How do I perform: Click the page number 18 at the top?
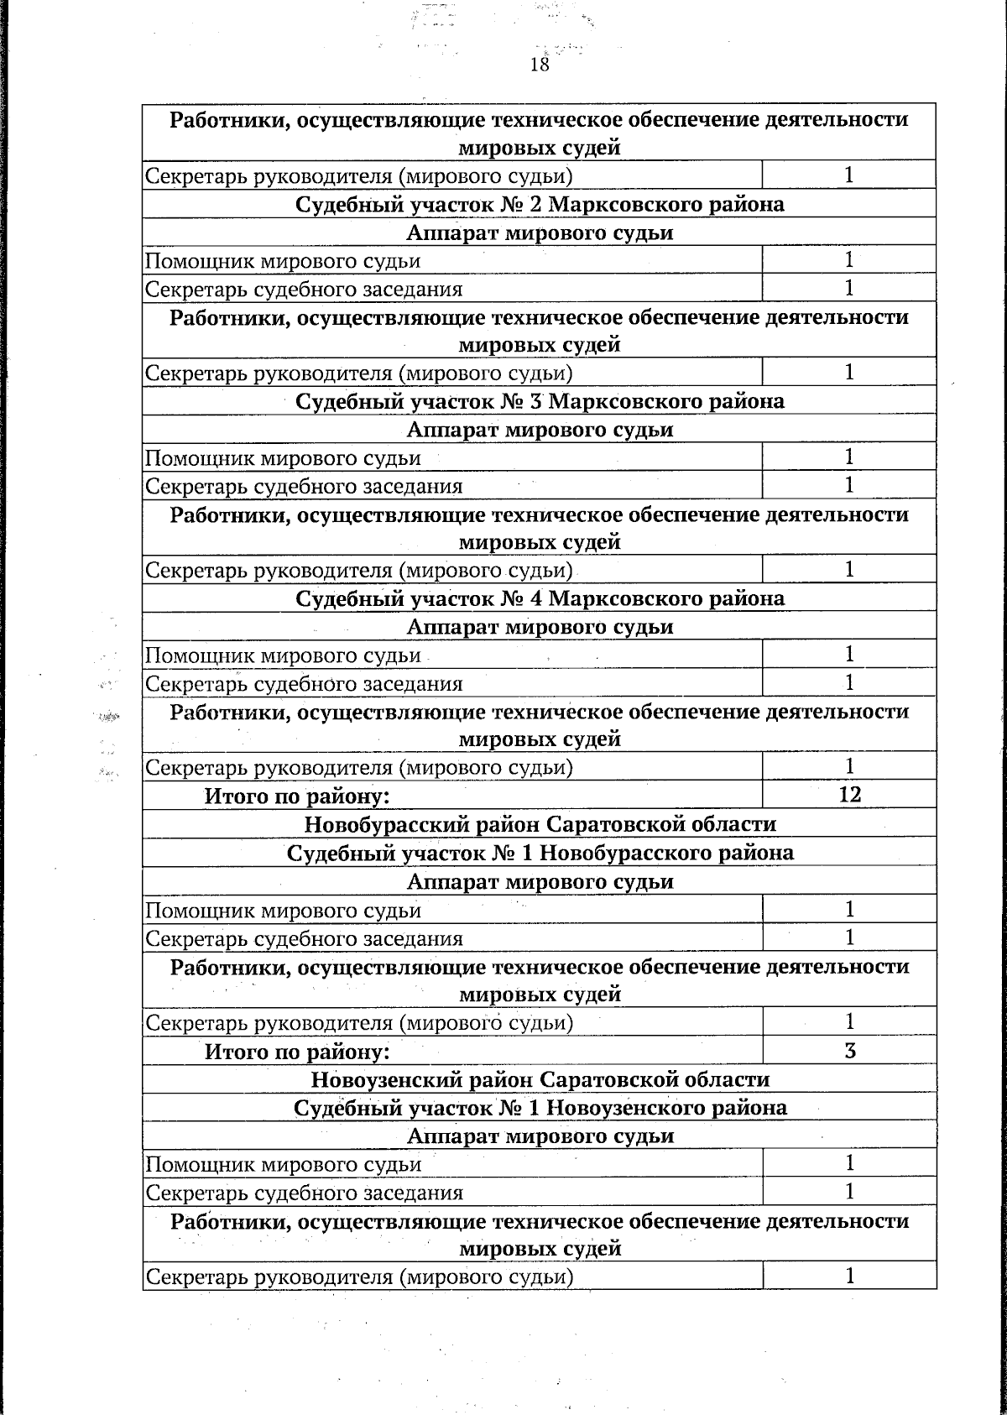coord(540,65)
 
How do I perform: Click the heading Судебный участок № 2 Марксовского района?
coord(540,204)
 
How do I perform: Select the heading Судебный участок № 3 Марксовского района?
coord(540,401)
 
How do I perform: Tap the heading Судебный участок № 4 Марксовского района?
coord(540,598)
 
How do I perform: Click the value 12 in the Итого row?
coord(849,794)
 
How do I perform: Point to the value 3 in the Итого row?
coord(849,1050)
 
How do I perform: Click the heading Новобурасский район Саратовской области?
coord(540,823)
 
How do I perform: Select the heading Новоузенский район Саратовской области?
coord(540,1079)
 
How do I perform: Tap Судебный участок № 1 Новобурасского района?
coord(540,853)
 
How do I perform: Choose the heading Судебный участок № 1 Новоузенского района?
coord(540,1108)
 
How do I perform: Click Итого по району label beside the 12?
coord(297,796)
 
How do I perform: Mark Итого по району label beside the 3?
coord(297,1051)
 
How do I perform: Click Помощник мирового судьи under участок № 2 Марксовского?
coord(283,261)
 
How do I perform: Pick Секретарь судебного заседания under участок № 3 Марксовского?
coord(304,487)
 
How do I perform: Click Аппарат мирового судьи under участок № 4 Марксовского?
coord(540,627)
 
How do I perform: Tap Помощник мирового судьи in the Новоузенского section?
coord(283,1164)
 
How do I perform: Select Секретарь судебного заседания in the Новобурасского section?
coord(304,939)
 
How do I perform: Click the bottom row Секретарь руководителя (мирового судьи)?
coord(359,1277)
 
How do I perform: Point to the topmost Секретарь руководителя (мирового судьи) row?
coord(359,176)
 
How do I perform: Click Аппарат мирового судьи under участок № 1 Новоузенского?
coord(540,1136)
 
